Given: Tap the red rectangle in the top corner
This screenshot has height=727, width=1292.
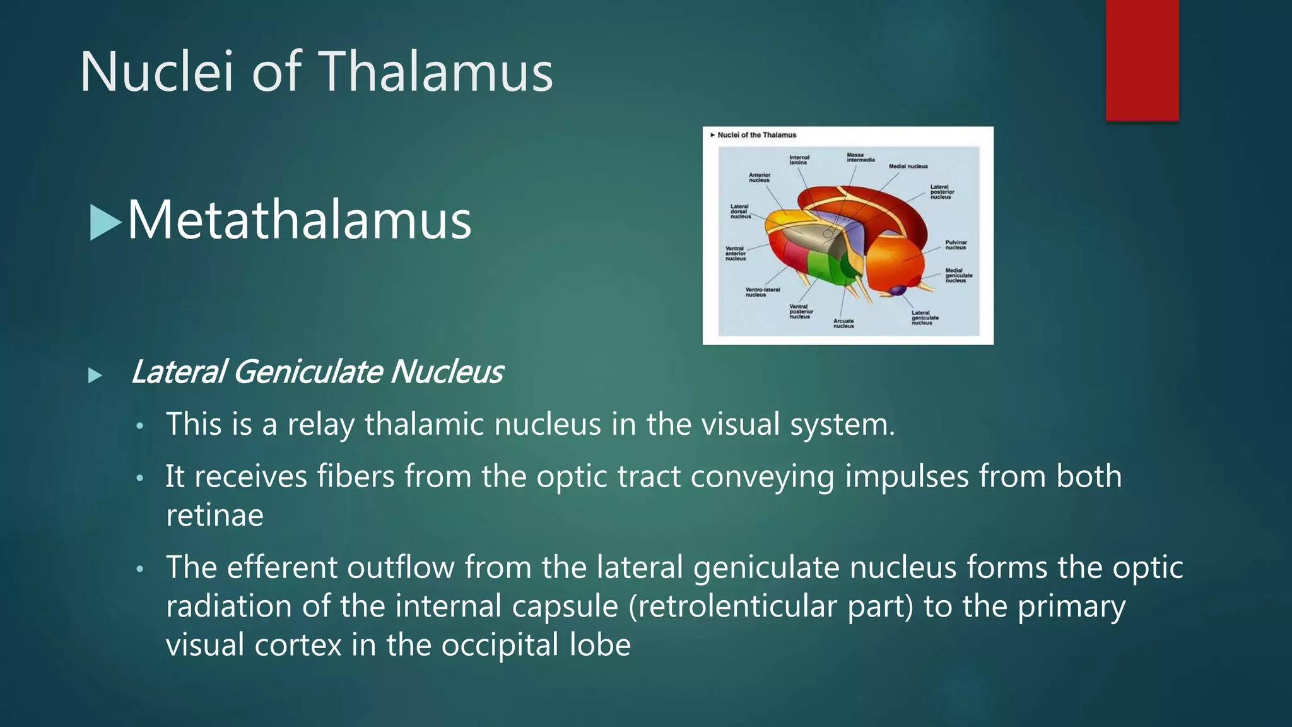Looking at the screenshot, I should pyautogui.click(x=1142, y=60).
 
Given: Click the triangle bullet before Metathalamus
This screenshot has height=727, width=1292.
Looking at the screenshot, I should pyautogui.click(x=105, y=222).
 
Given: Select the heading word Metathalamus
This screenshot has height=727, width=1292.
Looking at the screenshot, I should pyautogui.click(x=299, y=220).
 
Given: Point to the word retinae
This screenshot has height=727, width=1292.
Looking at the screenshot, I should pyautogui.click(x=214, y=516).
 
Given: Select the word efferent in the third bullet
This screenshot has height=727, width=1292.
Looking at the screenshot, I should pyautogui.click(x=282, y=567).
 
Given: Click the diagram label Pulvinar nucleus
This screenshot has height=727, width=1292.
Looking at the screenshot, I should pyautogui.click(x=956, y=245).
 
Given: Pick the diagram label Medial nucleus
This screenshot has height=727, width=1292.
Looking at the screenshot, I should pyautogui.click(x=908, y=167).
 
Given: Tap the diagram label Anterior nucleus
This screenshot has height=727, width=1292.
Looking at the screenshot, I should pyautogui.click(x=760, y=177).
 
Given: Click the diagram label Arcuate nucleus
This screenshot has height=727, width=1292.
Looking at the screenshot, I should pyautogui.click(x=843, y=323).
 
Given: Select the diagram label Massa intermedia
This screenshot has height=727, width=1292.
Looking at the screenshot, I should pyautogui.click(x=860, y=157).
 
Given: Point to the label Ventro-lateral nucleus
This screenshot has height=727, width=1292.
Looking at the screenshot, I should pyautogui.click(x=762, y=292).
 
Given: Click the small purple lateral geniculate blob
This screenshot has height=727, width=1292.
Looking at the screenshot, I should pyautogui.click(x=898, y=290).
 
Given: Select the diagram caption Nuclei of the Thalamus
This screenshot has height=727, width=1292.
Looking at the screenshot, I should pyautogui.click(x=756, y=135).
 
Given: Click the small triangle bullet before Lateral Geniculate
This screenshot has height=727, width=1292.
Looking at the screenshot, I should pyautogui.click(x=95, y=375).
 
